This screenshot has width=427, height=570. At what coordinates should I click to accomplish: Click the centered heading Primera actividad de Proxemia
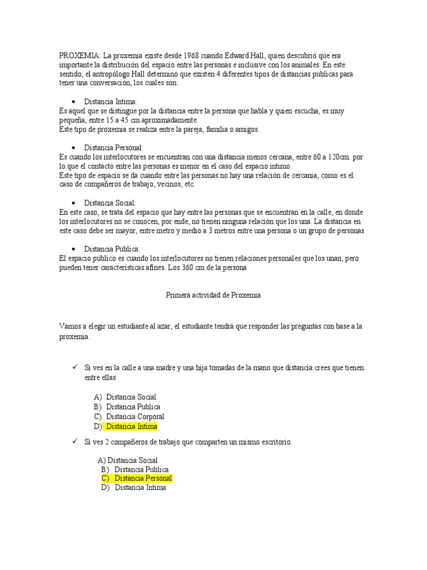tap(213, 296)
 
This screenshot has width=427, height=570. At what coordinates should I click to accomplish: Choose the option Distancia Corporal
tap(135, 416)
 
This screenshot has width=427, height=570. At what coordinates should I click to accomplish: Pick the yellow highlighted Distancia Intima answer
tap(132, 426)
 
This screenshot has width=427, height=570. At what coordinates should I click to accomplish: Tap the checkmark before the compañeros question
tap(73, 441)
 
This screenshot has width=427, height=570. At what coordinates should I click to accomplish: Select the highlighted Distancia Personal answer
tap(143, 478)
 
